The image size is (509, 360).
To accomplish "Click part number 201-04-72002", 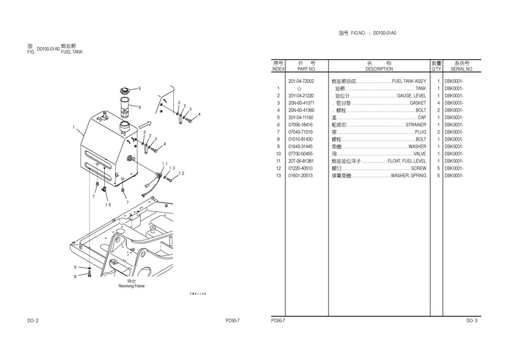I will (x=301, y=81).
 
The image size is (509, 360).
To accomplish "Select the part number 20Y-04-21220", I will (x=301, y=96).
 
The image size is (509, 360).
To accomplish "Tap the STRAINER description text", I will (x=416, y=125).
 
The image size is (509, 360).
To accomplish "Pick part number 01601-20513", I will (x=301, y=176).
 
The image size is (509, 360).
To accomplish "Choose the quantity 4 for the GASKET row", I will (x=437, y=103).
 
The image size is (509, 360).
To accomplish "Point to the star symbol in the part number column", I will (x=299, y=88).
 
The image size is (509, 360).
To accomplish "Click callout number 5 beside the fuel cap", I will (x=139, y=88).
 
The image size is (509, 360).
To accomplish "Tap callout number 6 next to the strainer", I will (x=139, y=107).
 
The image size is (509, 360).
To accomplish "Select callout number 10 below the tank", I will (x=108, y=204).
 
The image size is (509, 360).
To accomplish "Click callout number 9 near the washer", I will (x=76, y=267).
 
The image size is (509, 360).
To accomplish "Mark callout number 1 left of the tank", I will (x=73, y=127).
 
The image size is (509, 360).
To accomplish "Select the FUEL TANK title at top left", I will (x=72, y=52).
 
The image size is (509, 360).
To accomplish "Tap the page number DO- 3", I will (x=471, y=320).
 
